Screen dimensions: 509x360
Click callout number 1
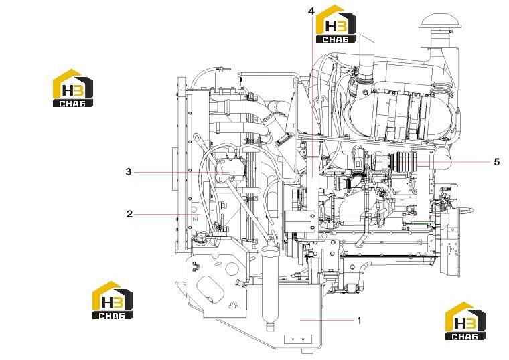pyautogui.click(x=359, y=321)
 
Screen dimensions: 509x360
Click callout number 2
pyautogui.click(x=129, y=214)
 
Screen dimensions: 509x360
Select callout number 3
pyautogui.click(x=129, y=171)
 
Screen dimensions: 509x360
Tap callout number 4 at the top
pyautogui.click(x=311, y=11)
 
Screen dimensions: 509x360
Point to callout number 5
pyautogui.click(x=497, y=161)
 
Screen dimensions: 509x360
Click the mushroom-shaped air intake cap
pyautogui.click(x=437, y=22)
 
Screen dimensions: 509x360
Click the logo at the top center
pyautogui.click(x=336, y=24)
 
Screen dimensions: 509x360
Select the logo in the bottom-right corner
pyautogui.click(x=465, y=321)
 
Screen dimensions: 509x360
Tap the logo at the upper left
pyautogui.click(x=73, y=88)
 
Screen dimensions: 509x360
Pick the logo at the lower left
pyautogui.click(x=113, y=300)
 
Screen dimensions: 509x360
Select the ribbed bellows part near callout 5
pyautogui.click(x=403, y=162)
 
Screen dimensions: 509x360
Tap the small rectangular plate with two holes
pyautogui.click(x=297, y=339)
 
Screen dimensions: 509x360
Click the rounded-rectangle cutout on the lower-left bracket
pyautogui.click(x=210, y=290)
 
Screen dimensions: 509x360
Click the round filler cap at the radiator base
pyautogui.click(x=202, y=240)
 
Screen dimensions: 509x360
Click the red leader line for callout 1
pyautogui.click(x=327, y=320)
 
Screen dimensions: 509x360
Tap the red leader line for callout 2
pyautogui.click(x=168, y=214)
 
